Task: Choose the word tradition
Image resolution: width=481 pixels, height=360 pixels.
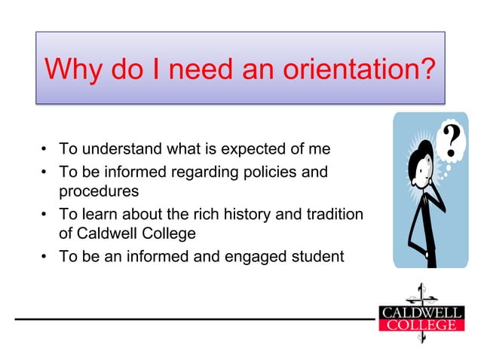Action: click(x=335, y=214)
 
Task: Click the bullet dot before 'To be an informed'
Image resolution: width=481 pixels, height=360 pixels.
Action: click(x=45, y=257)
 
